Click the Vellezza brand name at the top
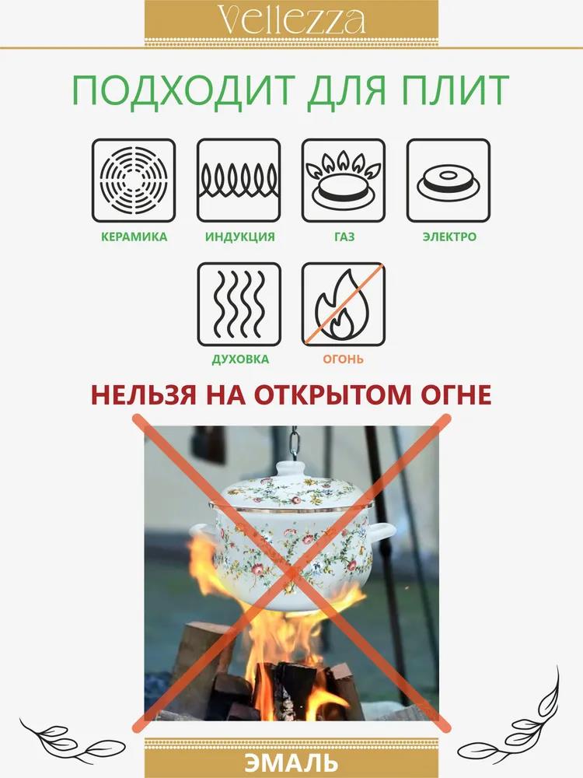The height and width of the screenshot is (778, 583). tap(291, 21)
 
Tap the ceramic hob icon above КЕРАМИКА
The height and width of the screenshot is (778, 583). tap(134, 180)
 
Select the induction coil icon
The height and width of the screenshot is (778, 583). tap(239, 180)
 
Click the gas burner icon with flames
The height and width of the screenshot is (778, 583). tap(344, 180)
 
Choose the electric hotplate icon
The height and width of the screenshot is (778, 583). tap(449, 180)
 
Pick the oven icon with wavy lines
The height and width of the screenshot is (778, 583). tap(239, 304)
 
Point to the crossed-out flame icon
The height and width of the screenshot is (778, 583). tap(344, 304)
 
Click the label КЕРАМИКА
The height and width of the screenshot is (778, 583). tap(134, 237)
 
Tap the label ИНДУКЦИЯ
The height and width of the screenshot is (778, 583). tap(240, 237)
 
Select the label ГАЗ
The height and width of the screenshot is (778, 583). tap(344, 237)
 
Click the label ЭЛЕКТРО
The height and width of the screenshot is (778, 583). tap(449, 237)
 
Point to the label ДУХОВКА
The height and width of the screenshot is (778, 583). tap(240, 359)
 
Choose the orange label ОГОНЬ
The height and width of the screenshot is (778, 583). tap(343, 359)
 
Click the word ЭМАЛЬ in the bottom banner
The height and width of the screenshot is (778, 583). tap(291, 763)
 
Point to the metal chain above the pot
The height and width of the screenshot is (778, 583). tap(294, 443)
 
